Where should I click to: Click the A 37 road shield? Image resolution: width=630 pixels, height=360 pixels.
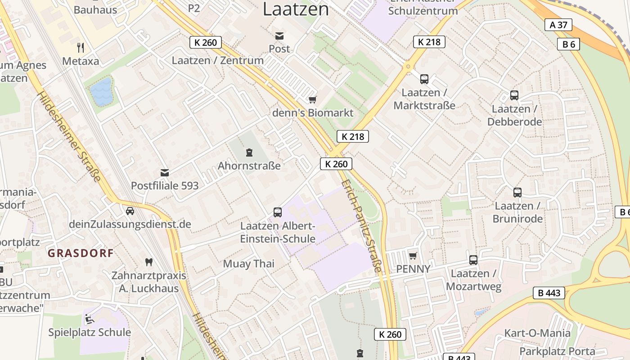click(x=558, y=25)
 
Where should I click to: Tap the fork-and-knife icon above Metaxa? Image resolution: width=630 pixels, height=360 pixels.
click(x=81, y=47)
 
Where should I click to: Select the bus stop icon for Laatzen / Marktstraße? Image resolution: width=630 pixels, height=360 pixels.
click(x=424, y=79)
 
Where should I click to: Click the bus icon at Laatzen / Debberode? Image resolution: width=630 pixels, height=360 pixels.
click(x=514, y=95)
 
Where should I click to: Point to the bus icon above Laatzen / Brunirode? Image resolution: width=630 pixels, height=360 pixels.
click(x=517, y=193)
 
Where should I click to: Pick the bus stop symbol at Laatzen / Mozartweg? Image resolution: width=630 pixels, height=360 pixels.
click(x=473, y=260)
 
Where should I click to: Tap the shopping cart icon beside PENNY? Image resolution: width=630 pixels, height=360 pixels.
click(x=413, y=256)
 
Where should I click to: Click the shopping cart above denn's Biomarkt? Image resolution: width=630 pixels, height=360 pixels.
click(x=312, y=99)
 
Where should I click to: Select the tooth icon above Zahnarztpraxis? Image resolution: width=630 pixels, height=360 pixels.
click(x=148, y=262)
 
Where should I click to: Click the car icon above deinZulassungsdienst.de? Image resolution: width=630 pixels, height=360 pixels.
click(x=130, y=211)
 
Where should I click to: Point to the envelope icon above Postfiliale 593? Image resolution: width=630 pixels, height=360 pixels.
click(x=165, y=172)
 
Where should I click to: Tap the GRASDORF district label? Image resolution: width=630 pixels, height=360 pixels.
click(x=81, y=253)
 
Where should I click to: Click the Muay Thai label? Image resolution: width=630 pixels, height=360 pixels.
click(x=248, y=264)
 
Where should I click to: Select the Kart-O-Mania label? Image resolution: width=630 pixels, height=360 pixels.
click(x=537, y=333)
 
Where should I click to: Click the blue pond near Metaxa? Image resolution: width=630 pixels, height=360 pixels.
click(x=101, y=91)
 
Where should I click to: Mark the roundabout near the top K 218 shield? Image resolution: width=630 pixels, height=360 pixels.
click(x=409, y=67)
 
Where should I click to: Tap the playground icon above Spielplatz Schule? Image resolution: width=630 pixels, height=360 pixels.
click(x=89, y=319)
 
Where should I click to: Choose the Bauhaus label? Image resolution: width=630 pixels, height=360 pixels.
click(x=95, y=9)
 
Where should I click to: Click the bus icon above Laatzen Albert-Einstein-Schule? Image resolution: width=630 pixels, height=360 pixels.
click(x=278, y=212)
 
